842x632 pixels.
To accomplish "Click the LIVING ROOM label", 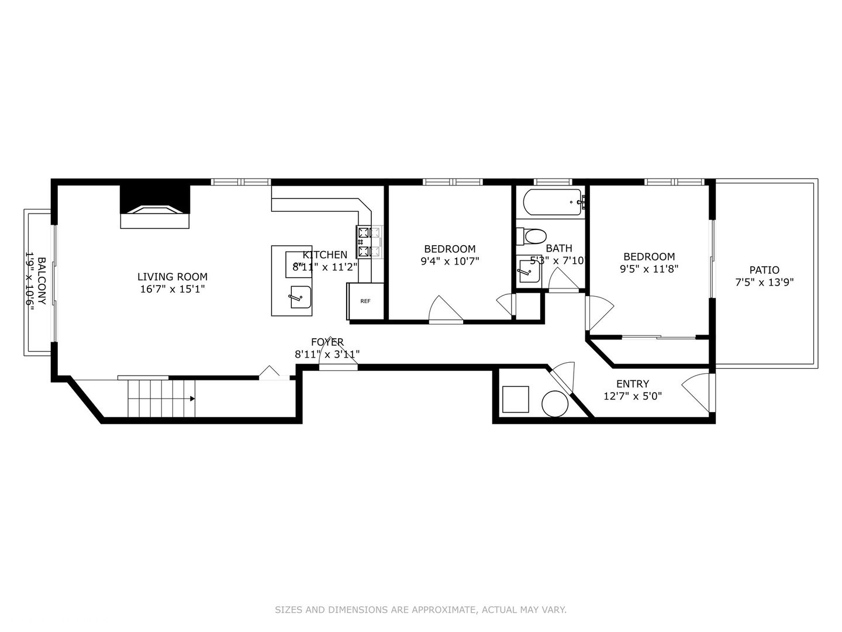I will coord(172,277).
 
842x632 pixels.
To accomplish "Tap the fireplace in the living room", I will coord(155,208).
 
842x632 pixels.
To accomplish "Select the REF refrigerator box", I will coord(365,301).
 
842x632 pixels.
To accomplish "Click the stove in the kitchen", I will coord(368,242).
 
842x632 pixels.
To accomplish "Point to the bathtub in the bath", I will coord(552,202).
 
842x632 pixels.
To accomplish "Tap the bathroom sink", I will coord(529,272).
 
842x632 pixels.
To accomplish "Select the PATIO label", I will coord(764,270).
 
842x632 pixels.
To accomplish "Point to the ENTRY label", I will coord(633,384).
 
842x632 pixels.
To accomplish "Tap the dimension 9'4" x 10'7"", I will coord(450,262).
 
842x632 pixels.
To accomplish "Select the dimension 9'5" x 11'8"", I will coord(649,269).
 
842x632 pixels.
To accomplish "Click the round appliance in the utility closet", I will coord(554,404).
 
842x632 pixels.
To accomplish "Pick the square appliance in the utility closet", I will coord(515,399).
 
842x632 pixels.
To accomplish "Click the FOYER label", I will coord(327,342).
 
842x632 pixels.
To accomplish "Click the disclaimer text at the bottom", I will coord(420,610).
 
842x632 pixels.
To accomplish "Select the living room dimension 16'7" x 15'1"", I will coord(172,289).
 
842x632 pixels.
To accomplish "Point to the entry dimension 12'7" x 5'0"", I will coord(633,396).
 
